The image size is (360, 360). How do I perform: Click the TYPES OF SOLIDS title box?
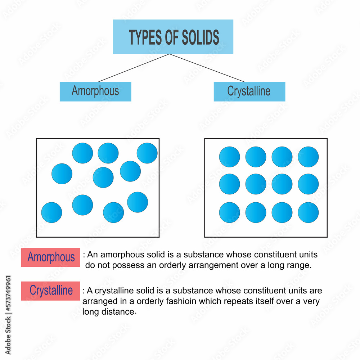pyautogui.click(x=173, y=37)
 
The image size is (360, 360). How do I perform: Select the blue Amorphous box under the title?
pyautogui.click(x=95, y=91)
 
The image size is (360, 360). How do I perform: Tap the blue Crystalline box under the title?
pyautogui.click(x=249, y=91)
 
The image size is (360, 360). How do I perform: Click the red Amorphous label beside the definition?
pyautogui.click(x=50, y=257)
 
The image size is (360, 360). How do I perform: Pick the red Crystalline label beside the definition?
pyautogui.click(x=50, y=291)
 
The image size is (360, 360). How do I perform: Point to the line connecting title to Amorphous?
pyautogui.click(x=133, y=68)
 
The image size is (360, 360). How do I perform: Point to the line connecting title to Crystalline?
pyautogui.click(x=207, y=68)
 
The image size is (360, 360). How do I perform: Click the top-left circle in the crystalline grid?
pyautogui.click(x=229, y=157)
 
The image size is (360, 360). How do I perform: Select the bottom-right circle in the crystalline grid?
pyautogui.click(x=308, y=212)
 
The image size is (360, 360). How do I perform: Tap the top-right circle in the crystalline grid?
pyautogui.click(x=308, y=157)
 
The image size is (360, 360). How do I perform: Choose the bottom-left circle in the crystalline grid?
pyautogui.click(x=229, y=212)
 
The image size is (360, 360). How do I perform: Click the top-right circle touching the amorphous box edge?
pyautogui.click(x=147, y=153)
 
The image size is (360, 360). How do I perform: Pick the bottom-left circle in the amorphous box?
pyautogui.click(x=51, y=212)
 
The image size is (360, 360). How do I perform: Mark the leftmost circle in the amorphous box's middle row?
pyautogui.click(x=62, y=174)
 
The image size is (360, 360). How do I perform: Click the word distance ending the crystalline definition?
pyautogui.click(x=119, y=312)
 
